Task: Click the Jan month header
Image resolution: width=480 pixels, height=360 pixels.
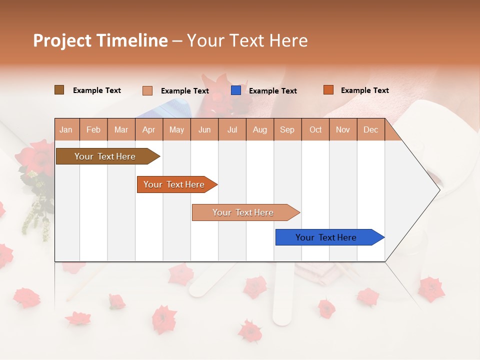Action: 66,129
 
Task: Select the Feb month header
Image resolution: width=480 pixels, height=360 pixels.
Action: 93,129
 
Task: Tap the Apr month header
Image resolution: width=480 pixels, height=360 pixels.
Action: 149,129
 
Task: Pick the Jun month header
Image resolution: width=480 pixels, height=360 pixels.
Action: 204,129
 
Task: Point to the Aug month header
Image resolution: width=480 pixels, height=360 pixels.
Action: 260,129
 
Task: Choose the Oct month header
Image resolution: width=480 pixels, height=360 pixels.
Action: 315,129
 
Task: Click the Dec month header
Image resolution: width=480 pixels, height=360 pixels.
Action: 371,129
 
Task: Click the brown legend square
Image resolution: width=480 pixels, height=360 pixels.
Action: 59,90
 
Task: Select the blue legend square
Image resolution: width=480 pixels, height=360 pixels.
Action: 236,90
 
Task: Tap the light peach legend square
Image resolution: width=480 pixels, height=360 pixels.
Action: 147,90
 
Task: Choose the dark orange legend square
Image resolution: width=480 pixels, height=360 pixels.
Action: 328,90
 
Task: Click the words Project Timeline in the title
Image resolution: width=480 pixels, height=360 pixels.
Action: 100,40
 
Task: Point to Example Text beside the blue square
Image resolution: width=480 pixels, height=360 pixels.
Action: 272,91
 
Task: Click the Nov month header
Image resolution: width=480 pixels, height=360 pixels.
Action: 343,129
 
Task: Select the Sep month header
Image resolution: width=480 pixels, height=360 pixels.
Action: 287,129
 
